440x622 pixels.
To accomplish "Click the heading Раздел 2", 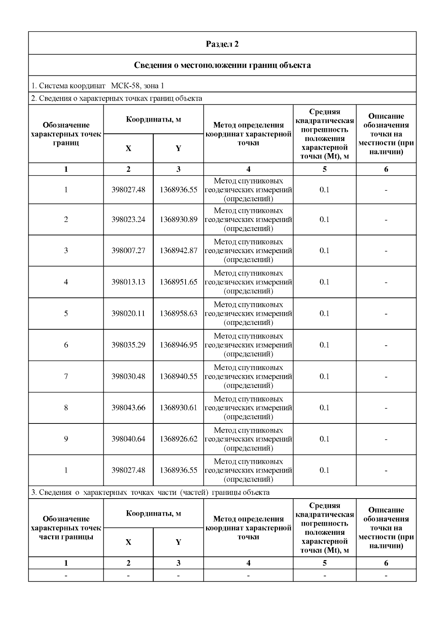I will (222, 44).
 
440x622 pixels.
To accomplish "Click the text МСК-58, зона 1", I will (137, 86).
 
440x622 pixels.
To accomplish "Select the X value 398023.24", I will (128, 219).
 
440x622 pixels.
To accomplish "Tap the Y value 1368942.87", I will (178, 251).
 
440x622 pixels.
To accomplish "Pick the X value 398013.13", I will (128, 282).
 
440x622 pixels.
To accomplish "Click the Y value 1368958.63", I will (178, 314).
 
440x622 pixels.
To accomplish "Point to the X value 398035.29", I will (128, 345).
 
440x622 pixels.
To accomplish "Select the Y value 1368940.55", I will (178, 377).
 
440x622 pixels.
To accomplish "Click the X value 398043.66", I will (128, 408).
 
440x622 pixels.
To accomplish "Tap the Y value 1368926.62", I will (178, 439).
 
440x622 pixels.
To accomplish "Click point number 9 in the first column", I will (66, 439).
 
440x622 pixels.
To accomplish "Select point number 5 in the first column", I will (66, 314).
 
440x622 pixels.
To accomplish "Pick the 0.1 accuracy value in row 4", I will (324, 282).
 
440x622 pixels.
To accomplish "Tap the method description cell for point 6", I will (248, 345).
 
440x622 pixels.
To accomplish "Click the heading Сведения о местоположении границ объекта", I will (222, 66).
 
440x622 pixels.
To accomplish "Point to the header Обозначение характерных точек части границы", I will (66, 528).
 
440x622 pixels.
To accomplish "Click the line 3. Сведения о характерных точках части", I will (150, 492).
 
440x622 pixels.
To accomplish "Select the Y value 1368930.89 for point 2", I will (178, 219).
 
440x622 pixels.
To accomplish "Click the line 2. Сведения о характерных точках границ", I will (117, 99).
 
